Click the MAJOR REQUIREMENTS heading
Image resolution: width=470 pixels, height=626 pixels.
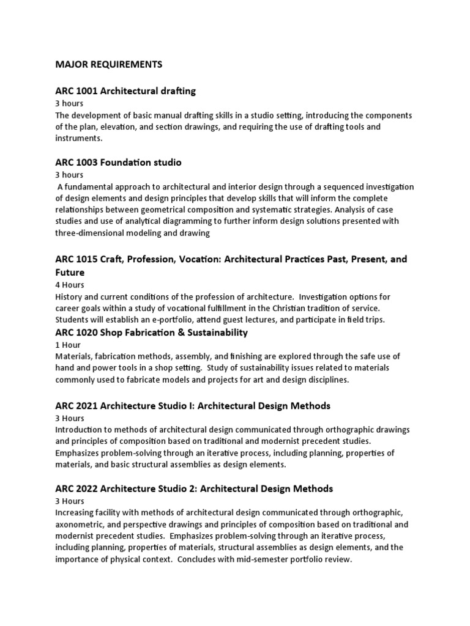108,64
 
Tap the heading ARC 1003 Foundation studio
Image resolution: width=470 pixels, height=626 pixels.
118,163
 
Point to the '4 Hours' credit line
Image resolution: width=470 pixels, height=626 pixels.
70,284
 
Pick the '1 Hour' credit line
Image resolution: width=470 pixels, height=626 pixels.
67,345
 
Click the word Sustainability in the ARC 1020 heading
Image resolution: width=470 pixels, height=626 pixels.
210,333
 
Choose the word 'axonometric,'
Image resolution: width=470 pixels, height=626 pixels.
81,525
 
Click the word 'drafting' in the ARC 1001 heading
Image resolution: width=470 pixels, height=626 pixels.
175,91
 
